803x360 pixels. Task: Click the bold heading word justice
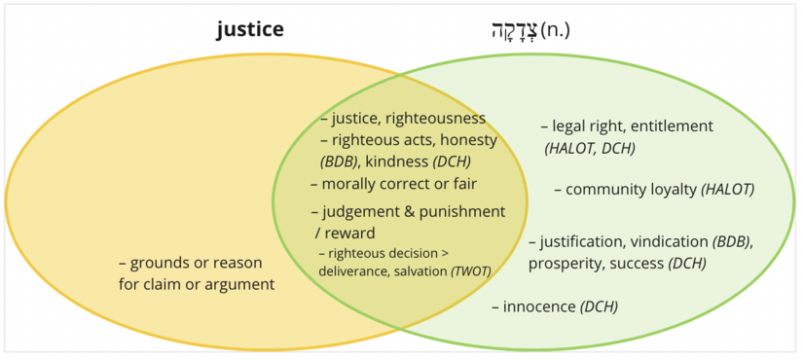(250, 29)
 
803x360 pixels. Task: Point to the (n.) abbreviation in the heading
(555, 29)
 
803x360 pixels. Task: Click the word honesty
(463, 140)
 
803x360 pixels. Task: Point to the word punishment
(463, 211)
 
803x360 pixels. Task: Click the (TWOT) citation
(470, 270)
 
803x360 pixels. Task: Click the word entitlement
(670, 126)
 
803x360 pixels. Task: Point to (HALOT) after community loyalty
(728, 190)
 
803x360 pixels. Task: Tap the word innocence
(539, 306)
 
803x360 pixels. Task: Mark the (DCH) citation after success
(687, 263)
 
